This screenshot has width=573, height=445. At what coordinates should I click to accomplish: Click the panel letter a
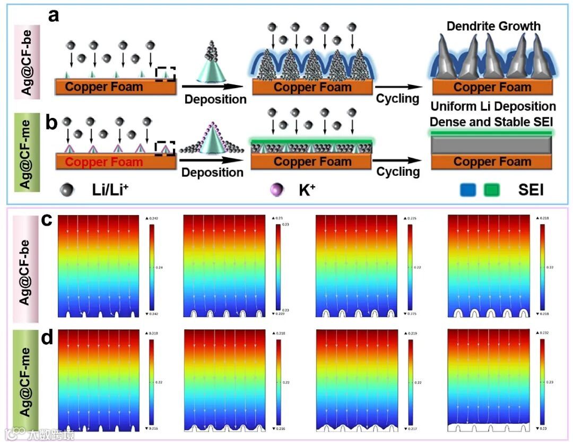53,16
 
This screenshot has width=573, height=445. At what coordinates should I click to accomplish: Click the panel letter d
48,338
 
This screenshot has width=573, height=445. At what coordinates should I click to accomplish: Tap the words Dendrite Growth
493,25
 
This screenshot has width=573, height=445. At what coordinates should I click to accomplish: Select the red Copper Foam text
105,162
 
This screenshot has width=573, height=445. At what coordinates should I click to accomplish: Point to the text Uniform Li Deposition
493,107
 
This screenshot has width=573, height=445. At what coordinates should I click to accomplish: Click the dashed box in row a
166,74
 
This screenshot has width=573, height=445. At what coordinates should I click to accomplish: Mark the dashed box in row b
164,149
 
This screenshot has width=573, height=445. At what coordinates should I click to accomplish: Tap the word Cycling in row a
398,99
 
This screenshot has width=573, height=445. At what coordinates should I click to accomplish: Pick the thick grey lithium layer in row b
492,144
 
